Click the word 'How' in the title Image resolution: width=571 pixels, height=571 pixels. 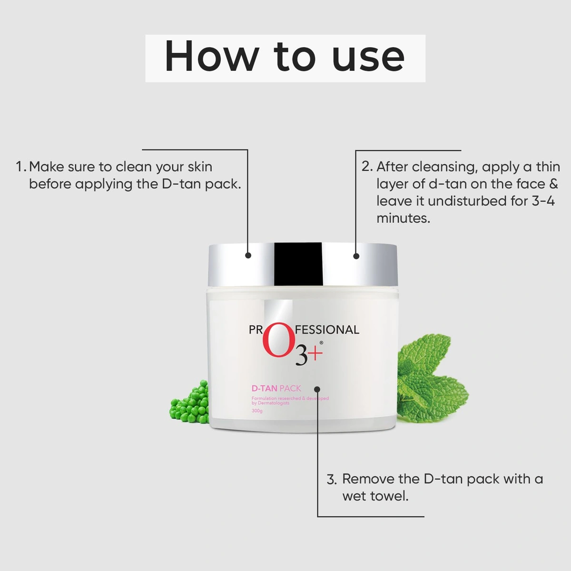(x=211, y=57)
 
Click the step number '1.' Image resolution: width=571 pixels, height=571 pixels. (x=21, y=167)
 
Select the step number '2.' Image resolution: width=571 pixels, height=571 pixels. (x=367, y=167)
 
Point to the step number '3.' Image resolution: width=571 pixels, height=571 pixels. (x=332, y=479)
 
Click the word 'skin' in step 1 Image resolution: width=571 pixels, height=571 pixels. (x=200, y=167)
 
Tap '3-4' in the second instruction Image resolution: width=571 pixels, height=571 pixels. (x=543, y=201)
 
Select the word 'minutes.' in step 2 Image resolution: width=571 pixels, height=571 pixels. (x=404, y=218)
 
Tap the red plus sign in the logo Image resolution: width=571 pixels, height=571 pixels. (x=315, y=353)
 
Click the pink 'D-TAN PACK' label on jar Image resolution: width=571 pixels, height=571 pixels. (x=276, y=388)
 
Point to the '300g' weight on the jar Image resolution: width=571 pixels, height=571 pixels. (x=257, y=411)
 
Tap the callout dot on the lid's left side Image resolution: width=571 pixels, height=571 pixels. (x=248, y=256)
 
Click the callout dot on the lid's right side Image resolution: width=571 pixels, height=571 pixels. (x=356, y=256)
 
